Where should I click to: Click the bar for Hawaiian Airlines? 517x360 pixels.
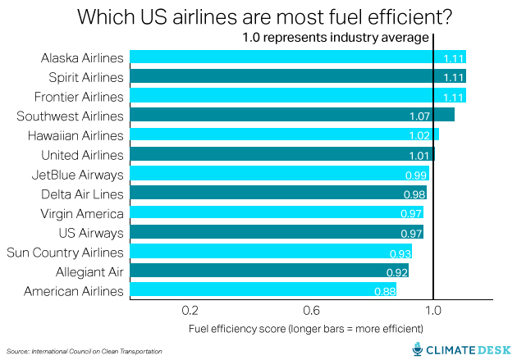point(284,135)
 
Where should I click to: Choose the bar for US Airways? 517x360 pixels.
point(276,233)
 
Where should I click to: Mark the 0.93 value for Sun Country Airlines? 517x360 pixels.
point(400,253)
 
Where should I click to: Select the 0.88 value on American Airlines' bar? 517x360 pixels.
point(384,291)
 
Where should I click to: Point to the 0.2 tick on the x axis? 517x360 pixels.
point(191,311)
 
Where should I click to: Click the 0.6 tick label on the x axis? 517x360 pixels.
point(312,311)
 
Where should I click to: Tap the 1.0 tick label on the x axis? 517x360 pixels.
point(432,311)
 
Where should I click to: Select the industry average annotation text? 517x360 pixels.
point(335,38)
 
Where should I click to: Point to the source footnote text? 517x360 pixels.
point(85,351)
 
